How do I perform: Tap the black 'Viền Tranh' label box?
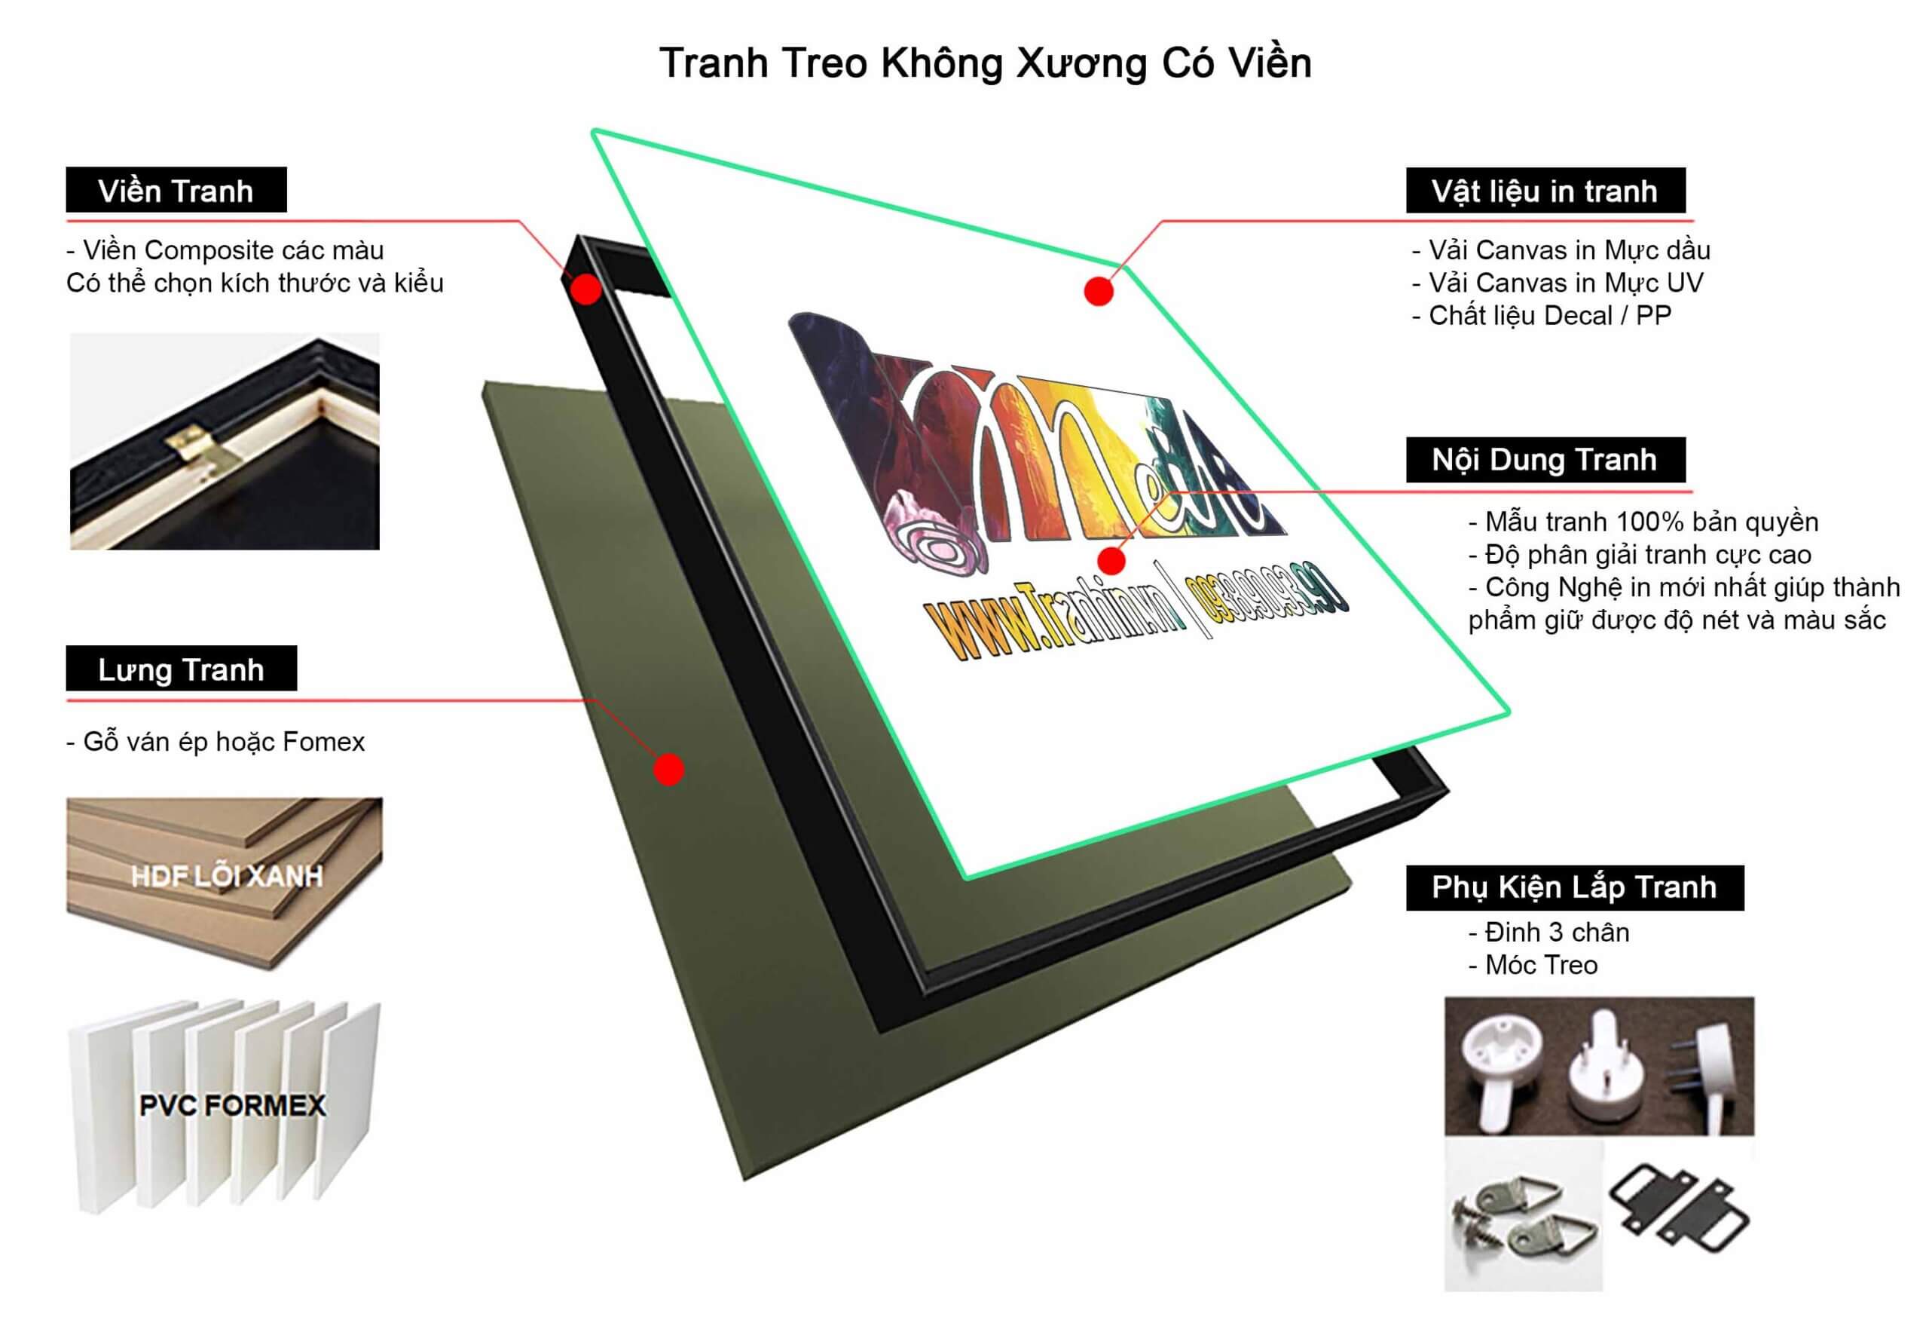[x=176, y=190]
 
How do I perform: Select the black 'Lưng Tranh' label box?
[x=181, y=669]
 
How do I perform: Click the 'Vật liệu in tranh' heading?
[x=1545, y=191]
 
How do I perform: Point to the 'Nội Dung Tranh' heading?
[x=1545, y=459]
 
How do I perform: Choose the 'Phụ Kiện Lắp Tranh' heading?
[x=1574, y=887]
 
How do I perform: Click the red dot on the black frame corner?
[x=586, y=289]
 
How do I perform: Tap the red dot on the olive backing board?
[x=668, y=769]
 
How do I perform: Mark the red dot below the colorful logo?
[x=1111, y=560]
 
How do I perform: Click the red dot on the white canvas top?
[x=1098, y=292]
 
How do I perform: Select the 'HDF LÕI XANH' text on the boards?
[x=226, y=877]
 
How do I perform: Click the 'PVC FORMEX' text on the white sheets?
[x=232, y=1105]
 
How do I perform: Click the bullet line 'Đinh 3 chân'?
[x=1548, y=933]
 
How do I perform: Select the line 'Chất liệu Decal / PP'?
[x=1542, y=315]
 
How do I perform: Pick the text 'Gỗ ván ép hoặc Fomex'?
[x=216, y=741]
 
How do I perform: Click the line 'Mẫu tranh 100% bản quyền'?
[x=1643, y=522]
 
